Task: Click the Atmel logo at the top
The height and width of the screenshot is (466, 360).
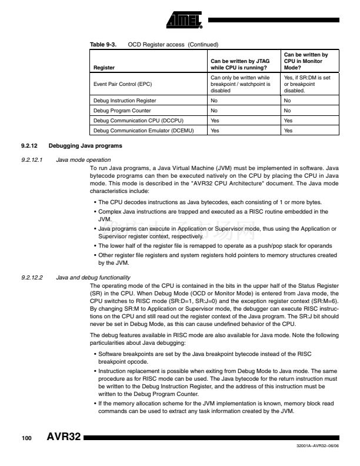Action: [x=184, y=20]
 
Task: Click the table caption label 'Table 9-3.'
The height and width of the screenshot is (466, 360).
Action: [x=102, y=45]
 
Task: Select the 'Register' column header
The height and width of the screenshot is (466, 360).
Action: [x=104, y=68]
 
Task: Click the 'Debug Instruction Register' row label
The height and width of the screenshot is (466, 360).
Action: [x=124, y=101]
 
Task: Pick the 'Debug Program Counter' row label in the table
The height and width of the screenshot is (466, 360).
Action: [x=122, y=111]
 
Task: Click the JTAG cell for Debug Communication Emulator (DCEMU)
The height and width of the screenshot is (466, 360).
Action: [x=215, y=131]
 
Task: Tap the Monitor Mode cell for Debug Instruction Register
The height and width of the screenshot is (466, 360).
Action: [x=287, y=101]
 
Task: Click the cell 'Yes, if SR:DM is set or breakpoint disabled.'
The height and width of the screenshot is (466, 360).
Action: [x=306, y=84]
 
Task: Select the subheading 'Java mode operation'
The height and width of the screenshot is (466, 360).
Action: [x=82, y=159]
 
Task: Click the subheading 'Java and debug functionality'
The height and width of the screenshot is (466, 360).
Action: [x=93, y=277]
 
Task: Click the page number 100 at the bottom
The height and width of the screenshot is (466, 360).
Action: [x=26, y=440]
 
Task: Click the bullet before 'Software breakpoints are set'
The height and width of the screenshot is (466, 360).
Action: [x=95, y=354]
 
